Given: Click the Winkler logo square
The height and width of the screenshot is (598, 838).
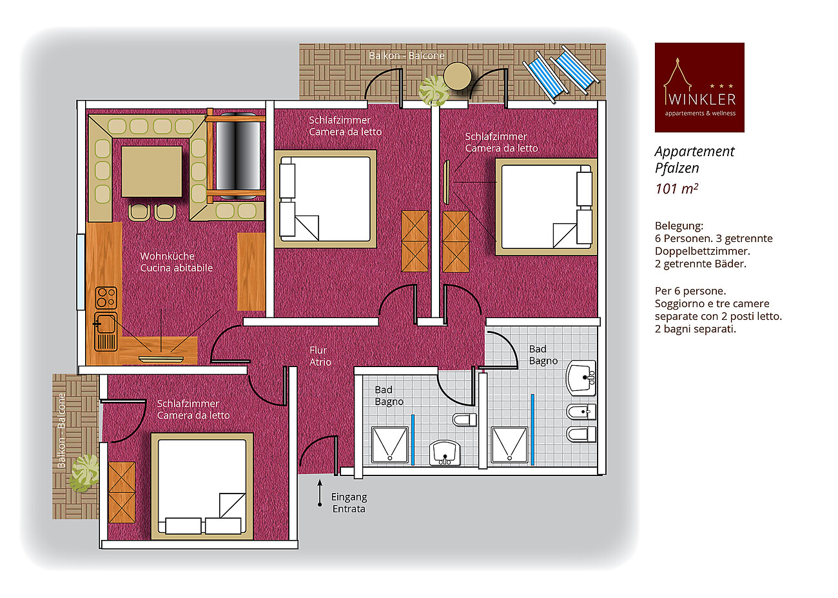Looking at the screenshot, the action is coord(699,87).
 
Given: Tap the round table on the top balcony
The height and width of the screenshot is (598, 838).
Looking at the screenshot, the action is coord(457,76).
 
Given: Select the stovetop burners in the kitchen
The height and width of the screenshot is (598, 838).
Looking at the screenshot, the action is coord(106,297).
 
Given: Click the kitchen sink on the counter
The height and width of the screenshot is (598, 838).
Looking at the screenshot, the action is coord(106,332).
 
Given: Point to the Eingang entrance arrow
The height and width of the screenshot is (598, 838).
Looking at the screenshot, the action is coord(320,493).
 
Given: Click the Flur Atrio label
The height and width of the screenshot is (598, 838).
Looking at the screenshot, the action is coord(320,356).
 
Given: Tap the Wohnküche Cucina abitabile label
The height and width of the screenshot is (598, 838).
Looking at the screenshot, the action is coord(176,262).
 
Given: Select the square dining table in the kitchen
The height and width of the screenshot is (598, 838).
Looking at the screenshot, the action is coord(152,172).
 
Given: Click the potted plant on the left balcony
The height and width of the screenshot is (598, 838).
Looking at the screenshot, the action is coord(84,473).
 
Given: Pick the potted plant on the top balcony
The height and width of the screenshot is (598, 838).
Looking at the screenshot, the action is coord(433,91).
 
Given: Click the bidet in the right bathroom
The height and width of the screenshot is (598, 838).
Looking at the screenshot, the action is coord(581,412).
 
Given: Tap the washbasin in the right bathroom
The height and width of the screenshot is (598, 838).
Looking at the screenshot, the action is coord(581,377).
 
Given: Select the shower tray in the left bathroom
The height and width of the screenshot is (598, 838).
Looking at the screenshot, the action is coord(390,445).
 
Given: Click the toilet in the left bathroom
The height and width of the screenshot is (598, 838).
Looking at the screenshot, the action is coord(464,419).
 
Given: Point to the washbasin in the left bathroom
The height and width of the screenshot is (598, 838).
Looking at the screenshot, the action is coord(444,453).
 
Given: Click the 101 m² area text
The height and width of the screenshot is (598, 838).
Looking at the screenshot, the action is coord(676,189).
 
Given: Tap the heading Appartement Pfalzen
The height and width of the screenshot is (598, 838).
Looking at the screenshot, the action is coord(694,159).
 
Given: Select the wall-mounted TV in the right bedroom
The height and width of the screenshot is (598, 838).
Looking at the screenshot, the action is coord(446,182).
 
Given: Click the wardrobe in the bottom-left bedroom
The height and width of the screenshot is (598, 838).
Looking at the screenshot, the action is coord(122,492).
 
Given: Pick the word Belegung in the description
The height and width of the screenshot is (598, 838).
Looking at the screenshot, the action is coord(679,226).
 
